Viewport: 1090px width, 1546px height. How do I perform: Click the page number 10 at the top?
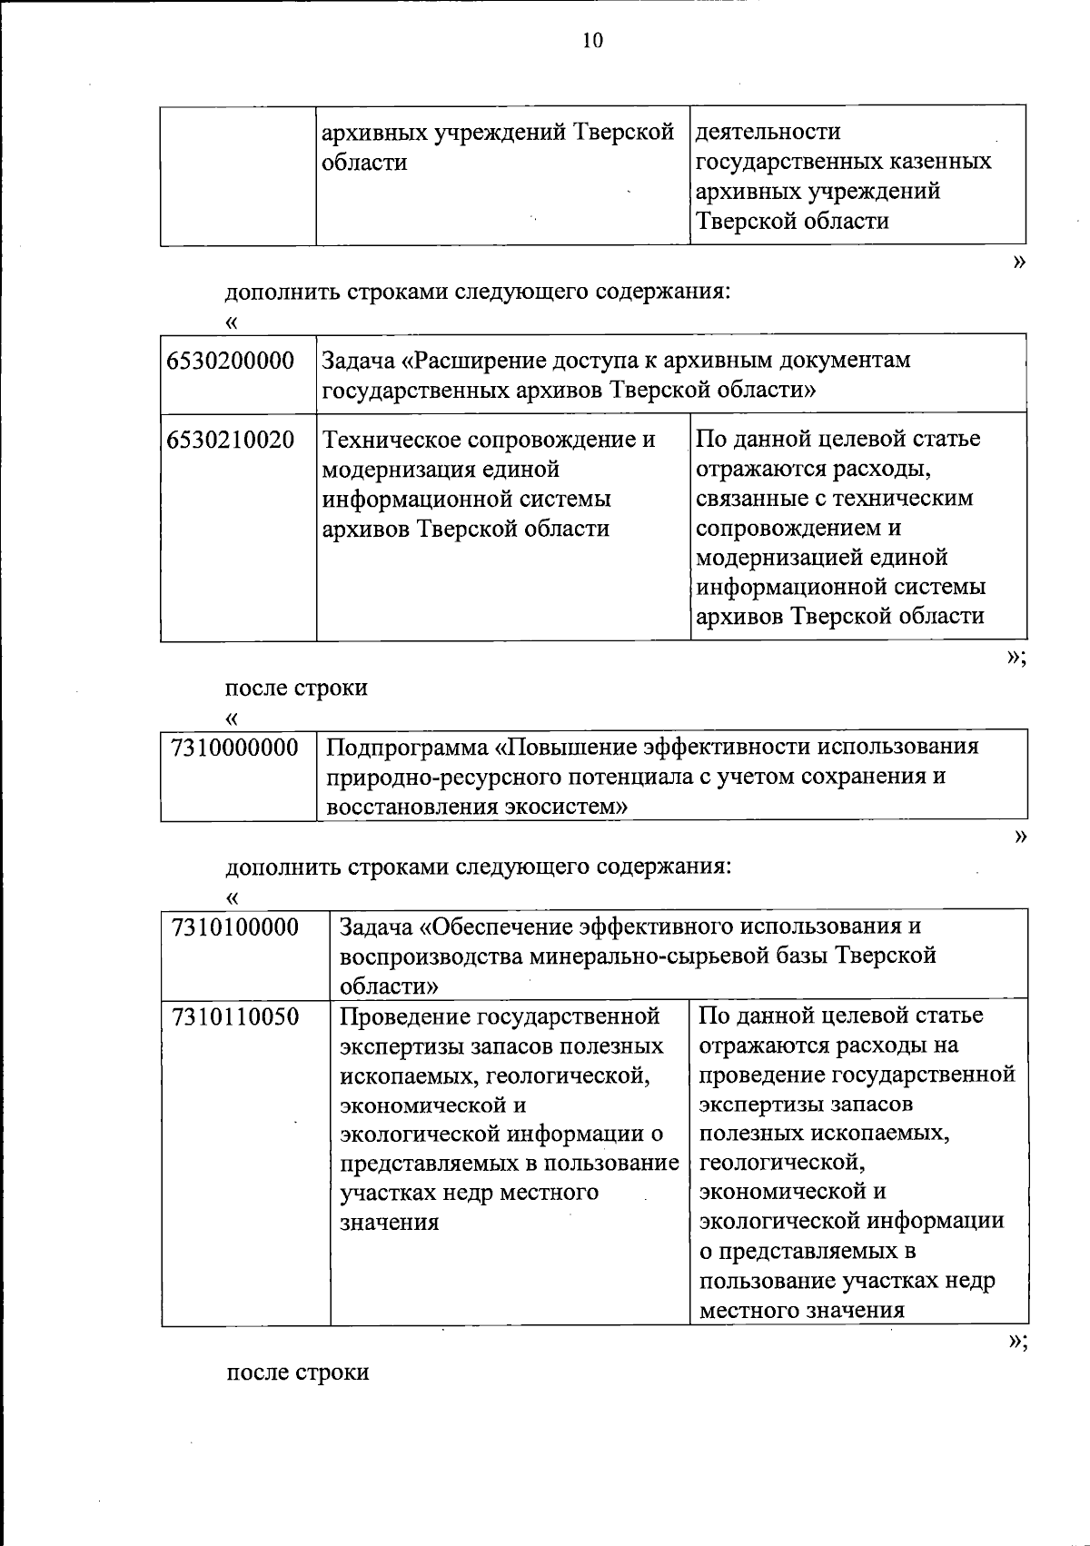592,41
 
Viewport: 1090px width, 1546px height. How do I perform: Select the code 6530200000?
231,362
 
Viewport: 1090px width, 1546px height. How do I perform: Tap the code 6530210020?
231,441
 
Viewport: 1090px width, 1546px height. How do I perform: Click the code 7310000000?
234,748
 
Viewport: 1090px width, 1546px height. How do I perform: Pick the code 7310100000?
234,927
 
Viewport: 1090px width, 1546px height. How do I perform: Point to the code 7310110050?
234,1016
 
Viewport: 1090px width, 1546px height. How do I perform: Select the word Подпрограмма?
406,748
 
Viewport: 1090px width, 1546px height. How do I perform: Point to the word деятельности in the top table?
768,132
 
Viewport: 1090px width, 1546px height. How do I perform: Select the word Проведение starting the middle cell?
401,1016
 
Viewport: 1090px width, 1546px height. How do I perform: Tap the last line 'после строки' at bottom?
297,1372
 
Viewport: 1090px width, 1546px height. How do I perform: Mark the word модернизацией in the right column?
779,557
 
